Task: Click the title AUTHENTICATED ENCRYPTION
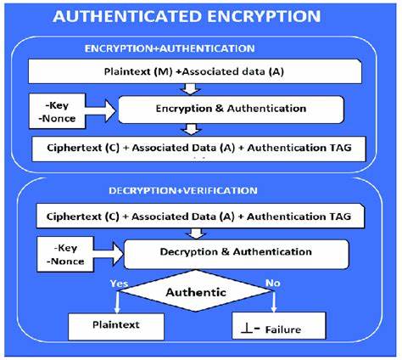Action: click(199, 16)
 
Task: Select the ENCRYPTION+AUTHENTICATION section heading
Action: click(194, 48)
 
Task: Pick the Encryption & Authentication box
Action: click(230, 109)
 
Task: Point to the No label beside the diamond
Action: click(273, 284)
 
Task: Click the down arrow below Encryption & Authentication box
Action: click(193, 129)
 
